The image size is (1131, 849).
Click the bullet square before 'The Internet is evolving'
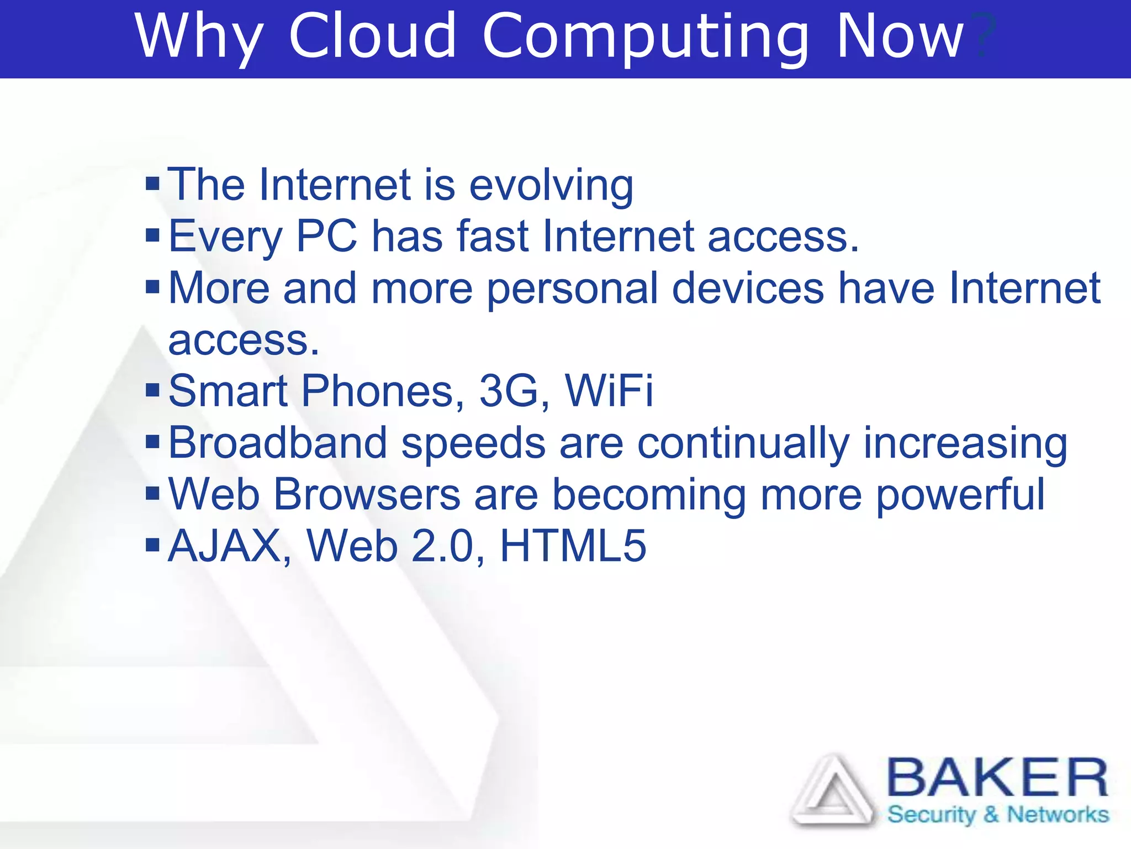pyautogui.click(x=152, y=183)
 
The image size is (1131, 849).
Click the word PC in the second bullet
pyautogui.click(x=327, y=236)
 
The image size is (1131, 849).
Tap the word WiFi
pyautogui.click(x=609, y=391)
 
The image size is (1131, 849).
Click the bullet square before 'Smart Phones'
pyautogui.click(x=152, y=390)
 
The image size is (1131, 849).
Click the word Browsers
pyautogui.click(x=367, y=494)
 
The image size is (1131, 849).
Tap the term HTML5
pyautogui.click(x=573, y=546)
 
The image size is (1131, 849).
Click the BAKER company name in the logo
pyautogui.click(x=997, y=778)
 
